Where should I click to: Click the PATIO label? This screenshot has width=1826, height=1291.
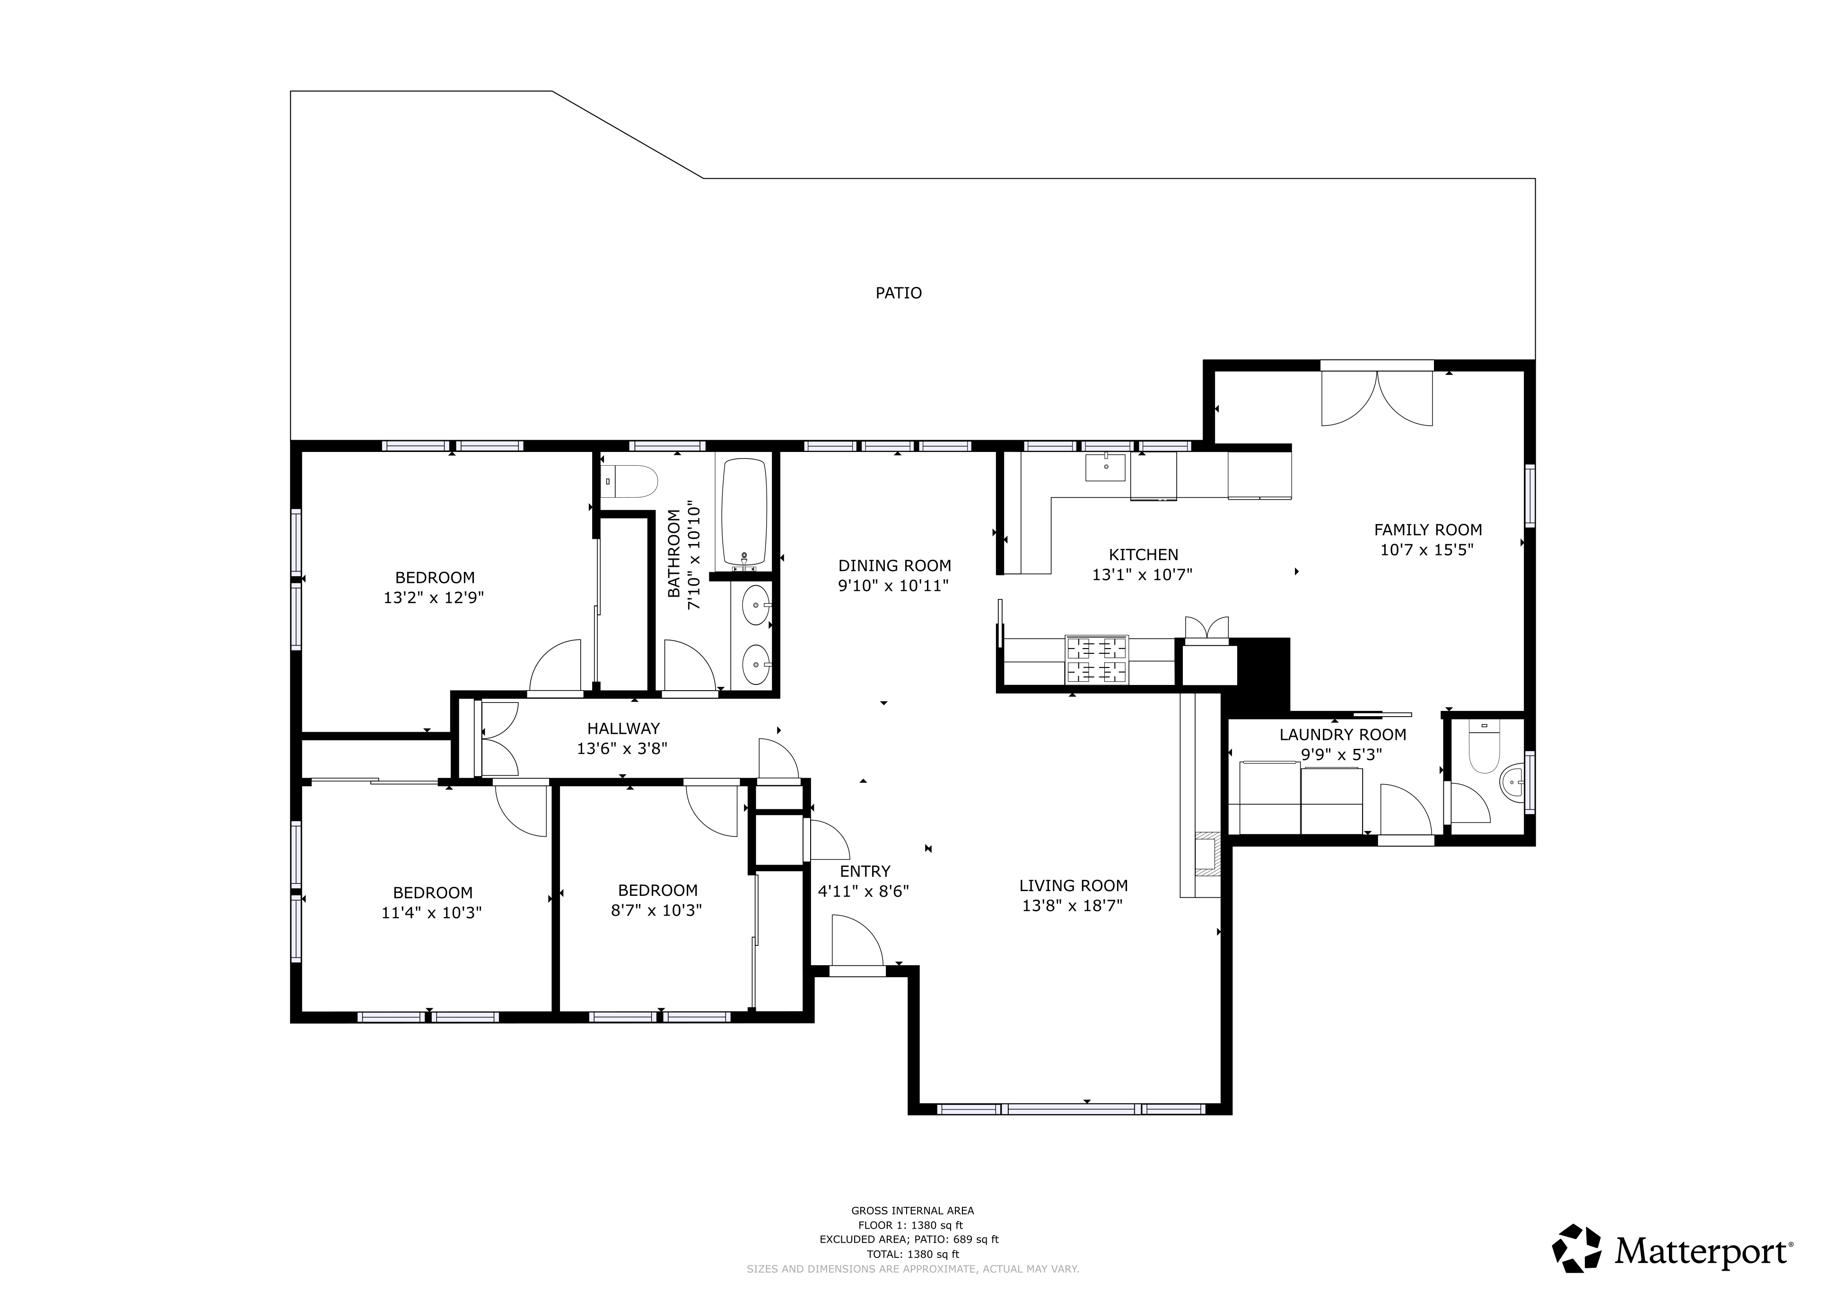[x=899, y=294]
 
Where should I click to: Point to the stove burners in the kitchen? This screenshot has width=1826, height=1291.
[x=1097, y=660]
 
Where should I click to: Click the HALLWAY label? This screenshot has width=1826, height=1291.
[x=623, y=728]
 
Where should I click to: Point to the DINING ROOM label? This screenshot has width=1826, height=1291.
[x=895, y=566]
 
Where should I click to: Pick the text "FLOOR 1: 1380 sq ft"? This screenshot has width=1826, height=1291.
[x=910, y=1225]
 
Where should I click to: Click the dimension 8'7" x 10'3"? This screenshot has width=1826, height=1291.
[x=656, y=910]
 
